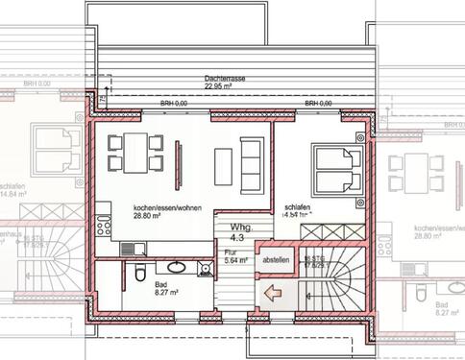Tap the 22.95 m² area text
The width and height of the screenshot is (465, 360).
point(221,85)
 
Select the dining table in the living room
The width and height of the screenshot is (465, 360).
point(134,153)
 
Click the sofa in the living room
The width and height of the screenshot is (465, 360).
point(252,165)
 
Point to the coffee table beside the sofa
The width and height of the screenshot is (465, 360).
point(224,165)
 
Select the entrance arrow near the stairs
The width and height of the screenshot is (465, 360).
point(274,294)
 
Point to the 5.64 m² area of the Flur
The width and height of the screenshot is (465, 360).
point(236,260)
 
